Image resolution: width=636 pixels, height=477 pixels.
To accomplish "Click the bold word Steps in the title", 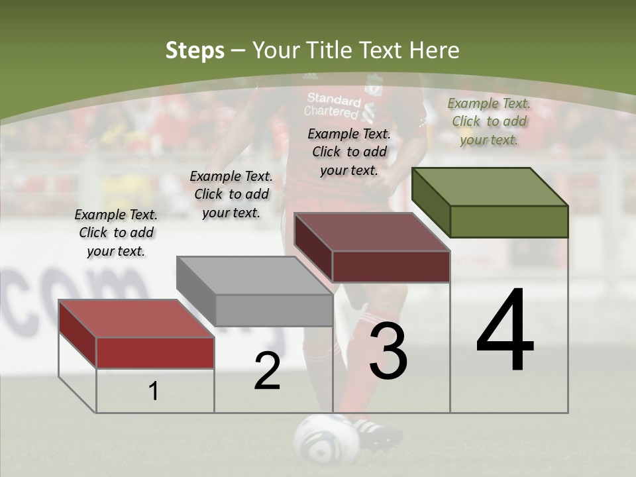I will tap(195, 50).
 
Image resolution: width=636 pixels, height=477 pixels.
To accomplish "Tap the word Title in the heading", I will tap(328, 50).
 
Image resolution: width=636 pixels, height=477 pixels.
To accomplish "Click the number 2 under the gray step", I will tap(267, 371).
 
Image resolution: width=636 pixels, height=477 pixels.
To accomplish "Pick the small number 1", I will tap(154, 392).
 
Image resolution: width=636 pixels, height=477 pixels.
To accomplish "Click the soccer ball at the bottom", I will tap(317, 438).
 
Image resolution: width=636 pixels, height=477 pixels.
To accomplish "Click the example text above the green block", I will tap(489, 121).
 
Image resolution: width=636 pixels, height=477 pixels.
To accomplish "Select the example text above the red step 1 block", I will tap(116, 233).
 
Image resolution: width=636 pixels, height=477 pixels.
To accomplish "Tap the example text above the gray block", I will tap(231, 194).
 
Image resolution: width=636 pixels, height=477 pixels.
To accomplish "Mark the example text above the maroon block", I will tap(349, 152).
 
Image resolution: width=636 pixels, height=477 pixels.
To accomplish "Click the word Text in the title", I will tap(380, 50).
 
